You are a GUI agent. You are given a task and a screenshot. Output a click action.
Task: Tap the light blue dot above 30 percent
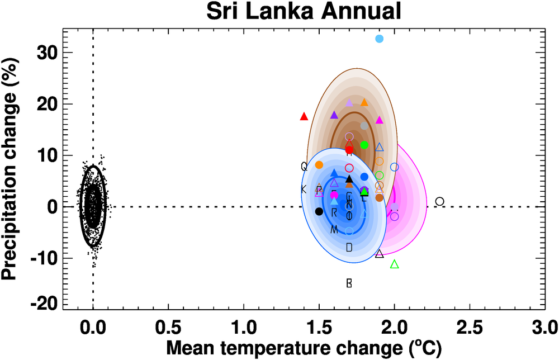click(379, 39)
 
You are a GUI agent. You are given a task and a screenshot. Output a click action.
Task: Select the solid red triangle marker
click(304, 116)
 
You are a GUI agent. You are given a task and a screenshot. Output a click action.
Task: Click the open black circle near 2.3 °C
click(439, 201)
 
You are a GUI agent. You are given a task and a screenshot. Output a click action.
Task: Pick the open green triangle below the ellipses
click(394, 264)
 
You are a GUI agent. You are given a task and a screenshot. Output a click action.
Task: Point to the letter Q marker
click(304, 166)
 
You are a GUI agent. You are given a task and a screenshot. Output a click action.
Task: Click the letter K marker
click(304, 190)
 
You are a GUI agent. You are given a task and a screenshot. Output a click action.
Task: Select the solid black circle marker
click(319, 211)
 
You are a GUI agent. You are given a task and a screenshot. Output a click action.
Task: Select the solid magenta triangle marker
click(379, 120)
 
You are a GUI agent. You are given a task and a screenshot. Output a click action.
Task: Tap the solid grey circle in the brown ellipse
click(364, 126)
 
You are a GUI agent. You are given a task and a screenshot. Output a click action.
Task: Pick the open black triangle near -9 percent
click(379, 254)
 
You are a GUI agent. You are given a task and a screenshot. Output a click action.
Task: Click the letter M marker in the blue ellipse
click(334, 230)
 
